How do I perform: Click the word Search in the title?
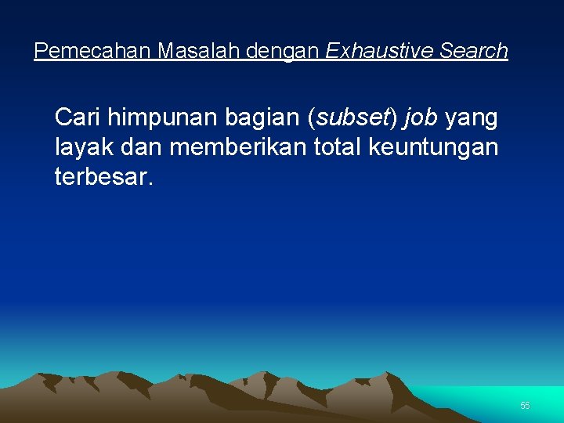(x=474, y=52)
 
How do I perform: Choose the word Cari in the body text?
(x=77, y=118)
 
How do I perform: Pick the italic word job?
(x=421, y=118)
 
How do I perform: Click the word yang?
(x=472, y=118)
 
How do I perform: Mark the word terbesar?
(x=100, y=175)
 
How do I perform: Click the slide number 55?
(x=525, y=406)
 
